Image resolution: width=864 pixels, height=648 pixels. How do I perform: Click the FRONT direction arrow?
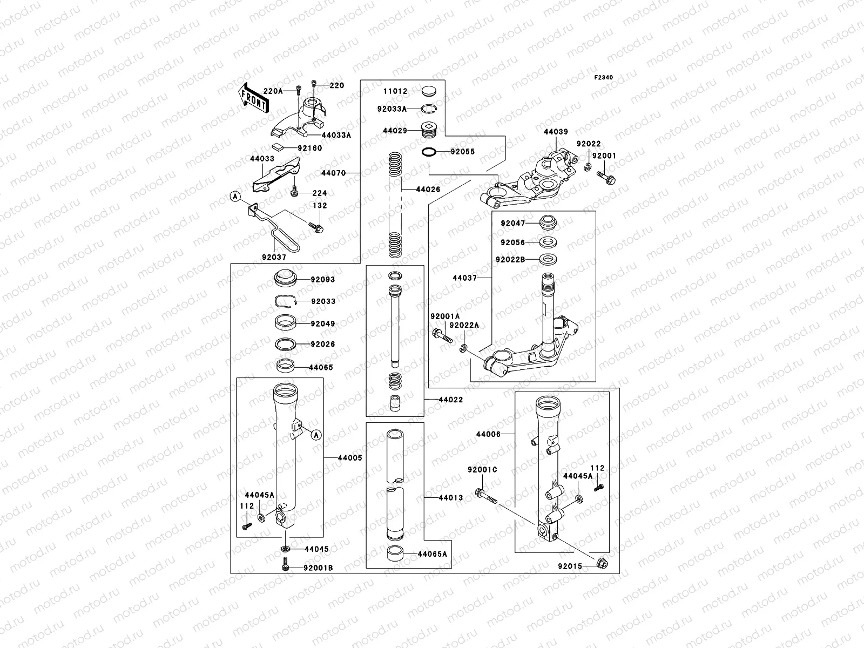click(x=253, y=97)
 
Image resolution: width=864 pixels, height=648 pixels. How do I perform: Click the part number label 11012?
click(x=395, y=92)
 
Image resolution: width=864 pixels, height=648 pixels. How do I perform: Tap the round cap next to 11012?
click(x=430, y=91)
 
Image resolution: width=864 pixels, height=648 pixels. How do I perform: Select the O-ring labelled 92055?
click(x=429, y=152)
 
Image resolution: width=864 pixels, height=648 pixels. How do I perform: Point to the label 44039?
click(x=556, y=132)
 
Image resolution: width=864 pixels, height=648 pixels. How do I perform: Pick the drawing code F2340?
click(x=604, y=78)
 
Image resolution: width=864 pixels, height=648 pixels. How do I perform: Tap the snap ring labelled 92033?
click(x=283, y=302)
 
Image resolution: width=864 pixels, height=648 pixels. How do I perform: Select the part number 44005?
click(x=350, y=458)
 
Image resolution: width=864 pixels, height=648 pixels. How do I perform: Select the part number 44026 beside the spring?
click(x=428, y=190)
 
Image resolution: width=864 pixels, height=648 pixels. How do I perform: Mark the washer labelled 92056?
click(x=548, y=242)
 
